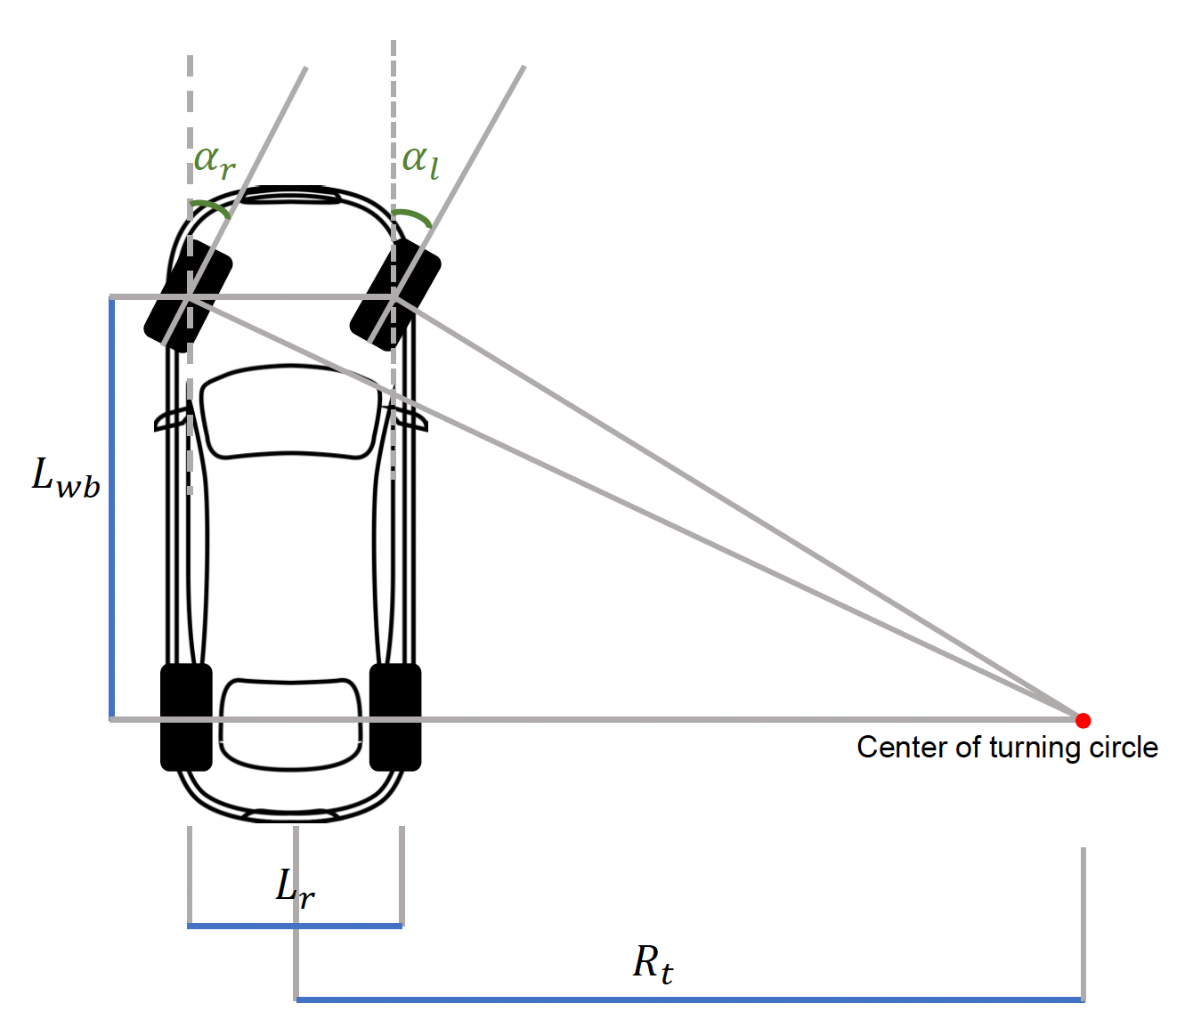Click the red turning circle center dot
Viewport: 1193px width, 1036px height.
click(x=1083, y=720)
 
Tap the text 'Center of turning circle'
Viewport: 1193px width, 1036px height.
click(x=1007, y=748)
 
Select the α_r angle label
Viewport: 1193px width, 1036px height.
click(x=215, y=161)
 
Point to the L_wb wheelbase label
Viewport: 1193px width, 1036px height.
click(x=66, y=477)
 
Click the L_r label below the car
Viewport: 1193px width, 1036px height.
click(x=296, y=887)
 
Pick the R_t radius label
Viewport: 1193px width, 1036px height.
click(x=653, y=964)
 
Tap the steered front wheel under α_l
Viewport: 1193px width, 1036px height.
click(x=395, y=295)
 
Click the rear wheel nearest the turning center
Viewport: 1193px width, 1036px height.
click(x=395, y=716)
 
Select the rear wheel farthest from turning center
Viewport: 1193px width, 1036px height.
click(x=186, y=716)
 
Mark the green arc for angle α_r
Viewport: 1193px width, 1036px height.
click(x=211, y=207)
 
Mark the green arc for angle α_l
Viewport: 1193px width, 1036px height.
click(x=415, y=216)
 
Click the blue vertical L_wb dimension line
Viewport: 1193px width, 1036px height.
click(x=112, y=507)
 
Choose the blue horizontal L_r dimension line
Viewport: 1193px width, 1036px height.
click(x=295, y=926)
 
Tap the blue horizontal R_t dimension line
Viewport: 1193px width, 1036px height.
click(x=689, y=1000)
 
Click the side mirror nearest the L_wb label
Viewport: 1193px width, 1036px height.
click(x=171, y=419)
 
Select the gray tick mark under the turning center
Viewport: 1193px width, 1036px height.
click(x=1083, y=921)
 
